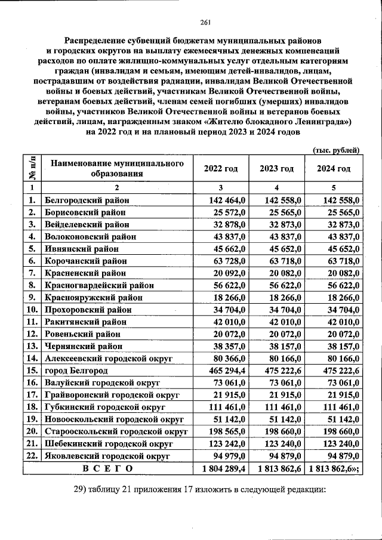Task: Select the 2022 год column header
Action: point(220,169)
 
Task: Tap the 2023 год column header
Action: point(276,169)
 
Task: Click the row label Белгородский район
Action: point(87,200)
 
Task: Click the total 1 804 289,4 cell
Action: point(220,470)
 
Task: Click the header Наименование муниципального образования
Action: point(116,169)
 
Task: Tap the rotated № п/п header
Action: point(32,168)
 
